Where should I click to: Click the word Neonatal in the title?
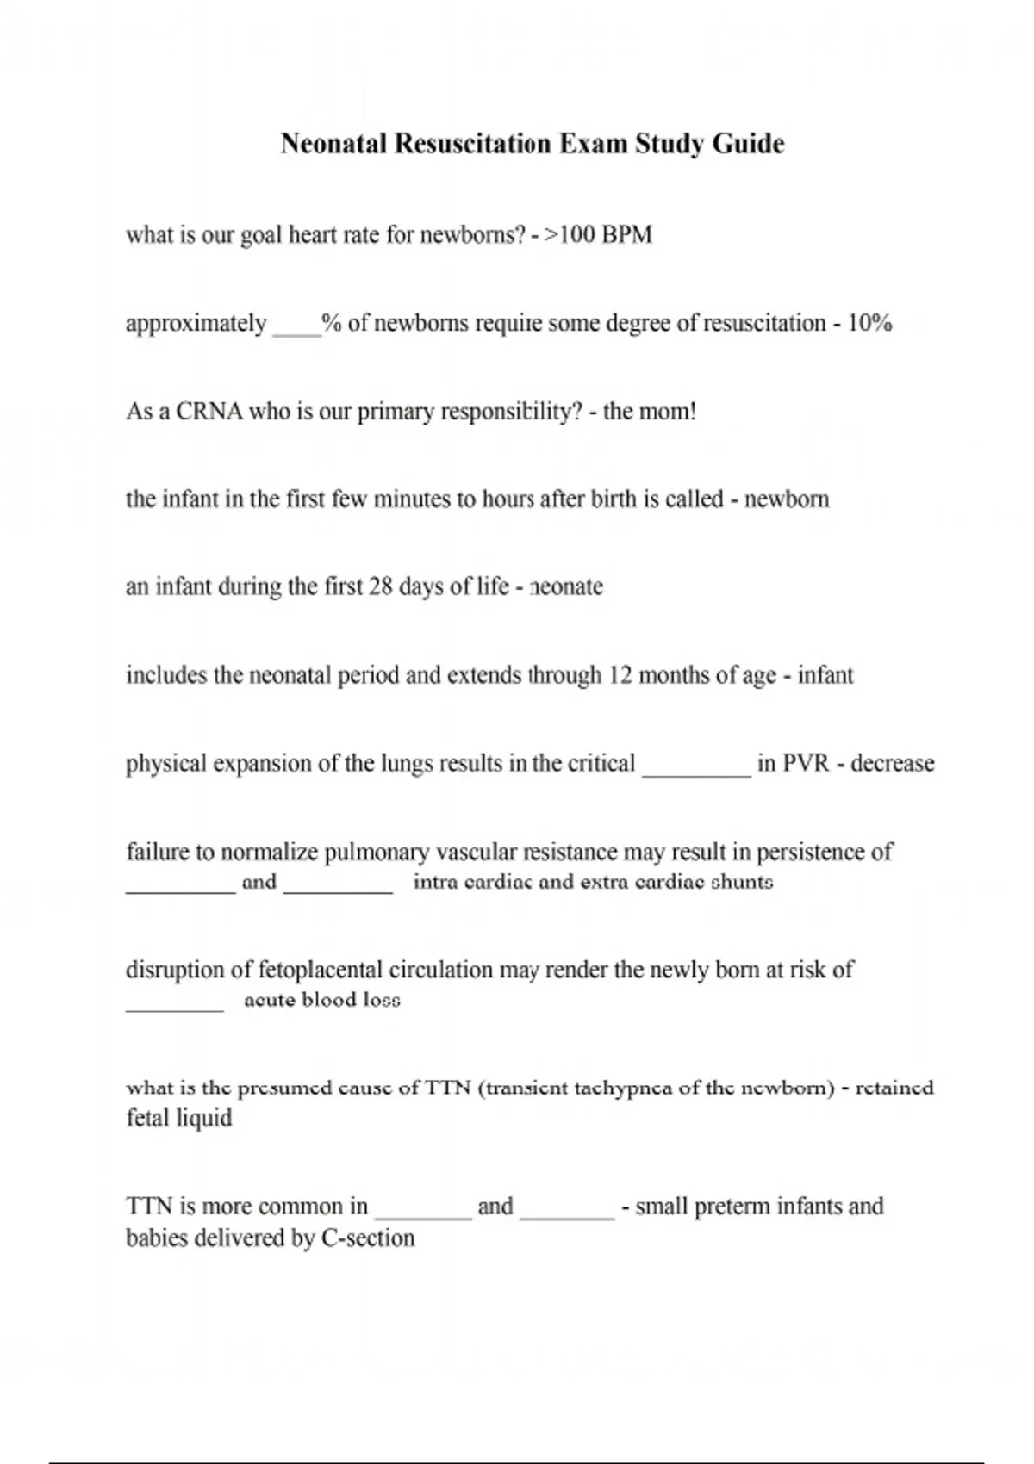(333, 143)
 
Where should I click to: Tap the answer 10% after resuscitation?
(869, 324)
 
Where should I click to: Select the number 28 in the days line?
(380, 587)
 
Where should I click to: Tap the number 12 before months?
(620, 676)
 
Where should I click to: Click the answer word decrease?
(892, 764)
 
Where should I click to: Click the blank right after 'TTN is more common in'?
(423, 1215)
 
